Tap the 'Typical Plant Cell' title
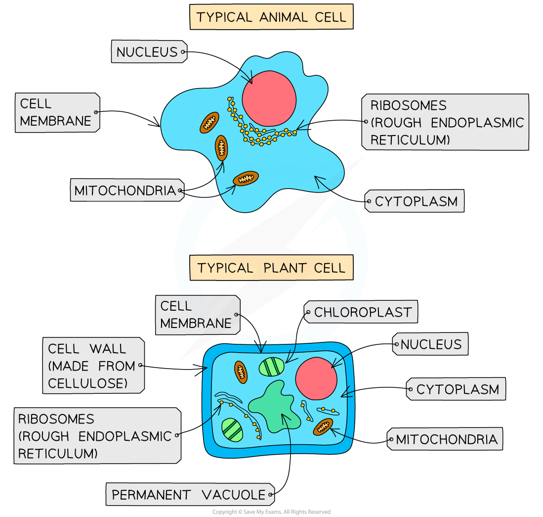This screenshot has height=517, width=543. pos(271,268)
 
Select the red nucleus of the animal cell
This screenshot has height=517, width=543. pos(269,97)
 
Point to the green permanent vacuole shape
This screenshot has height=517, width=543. pos(275,406)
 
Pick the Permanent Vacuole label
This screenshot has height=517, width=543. pos(189,494)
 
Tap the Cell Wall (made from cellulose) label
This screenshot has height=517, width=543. pos(92,366)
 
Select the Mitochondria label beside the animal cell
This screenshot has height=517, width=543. pos(126,190)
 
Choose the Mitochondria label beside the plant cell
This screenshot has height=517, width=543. pos(446,439)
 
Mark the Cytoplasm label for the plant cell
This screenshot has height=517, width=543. pos(457,389)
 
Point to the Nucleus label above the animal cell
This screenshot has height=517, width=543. pos(148,51)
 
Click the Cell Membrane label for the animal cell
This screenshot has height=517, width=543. pos(56,112)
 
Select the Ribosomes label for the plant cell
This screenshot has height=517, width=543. pos(96,435)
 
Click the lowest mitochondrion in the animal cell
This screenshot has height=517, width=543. pos(246,178)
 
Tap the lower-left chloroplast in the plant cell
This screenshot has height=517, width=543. pos(232,429)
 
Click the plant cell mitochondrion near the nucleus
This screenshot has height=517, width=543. pos(323,426)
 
